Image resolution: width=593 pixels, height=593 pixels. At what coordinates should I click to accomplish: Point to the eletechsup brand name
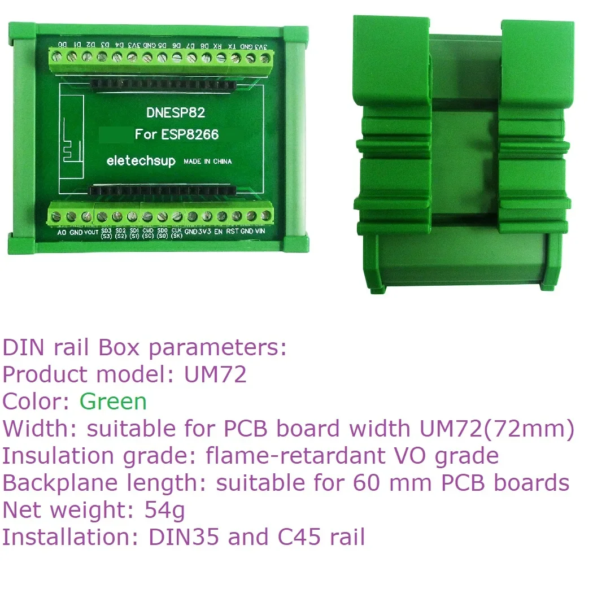pos(141,161)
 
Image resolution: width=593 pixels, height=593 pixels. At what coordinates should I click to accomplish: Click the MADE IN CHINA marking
pos(207,162)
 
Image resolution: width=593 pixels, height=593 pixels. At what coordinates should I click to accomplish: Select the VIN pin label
pos(260,232)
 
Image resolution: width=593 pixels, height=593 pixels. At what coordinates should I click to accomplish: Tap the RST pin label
pos(232,232)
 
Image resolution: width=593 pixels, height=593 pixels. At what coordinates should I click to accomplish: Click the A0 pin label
pos(62,232)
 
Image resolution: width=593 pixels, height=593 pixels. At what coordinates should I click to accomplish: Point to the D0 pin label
pos(63,44)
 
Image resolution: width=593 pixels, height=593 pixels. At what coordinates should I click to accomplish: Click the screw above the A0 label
pos(58,216)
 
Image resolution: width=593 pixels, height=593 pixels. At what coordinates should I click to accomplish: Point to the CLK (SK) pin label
pos(176,233)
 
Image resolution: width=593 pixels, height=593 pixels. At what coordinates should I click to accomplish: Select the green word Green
pos(113,402)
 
